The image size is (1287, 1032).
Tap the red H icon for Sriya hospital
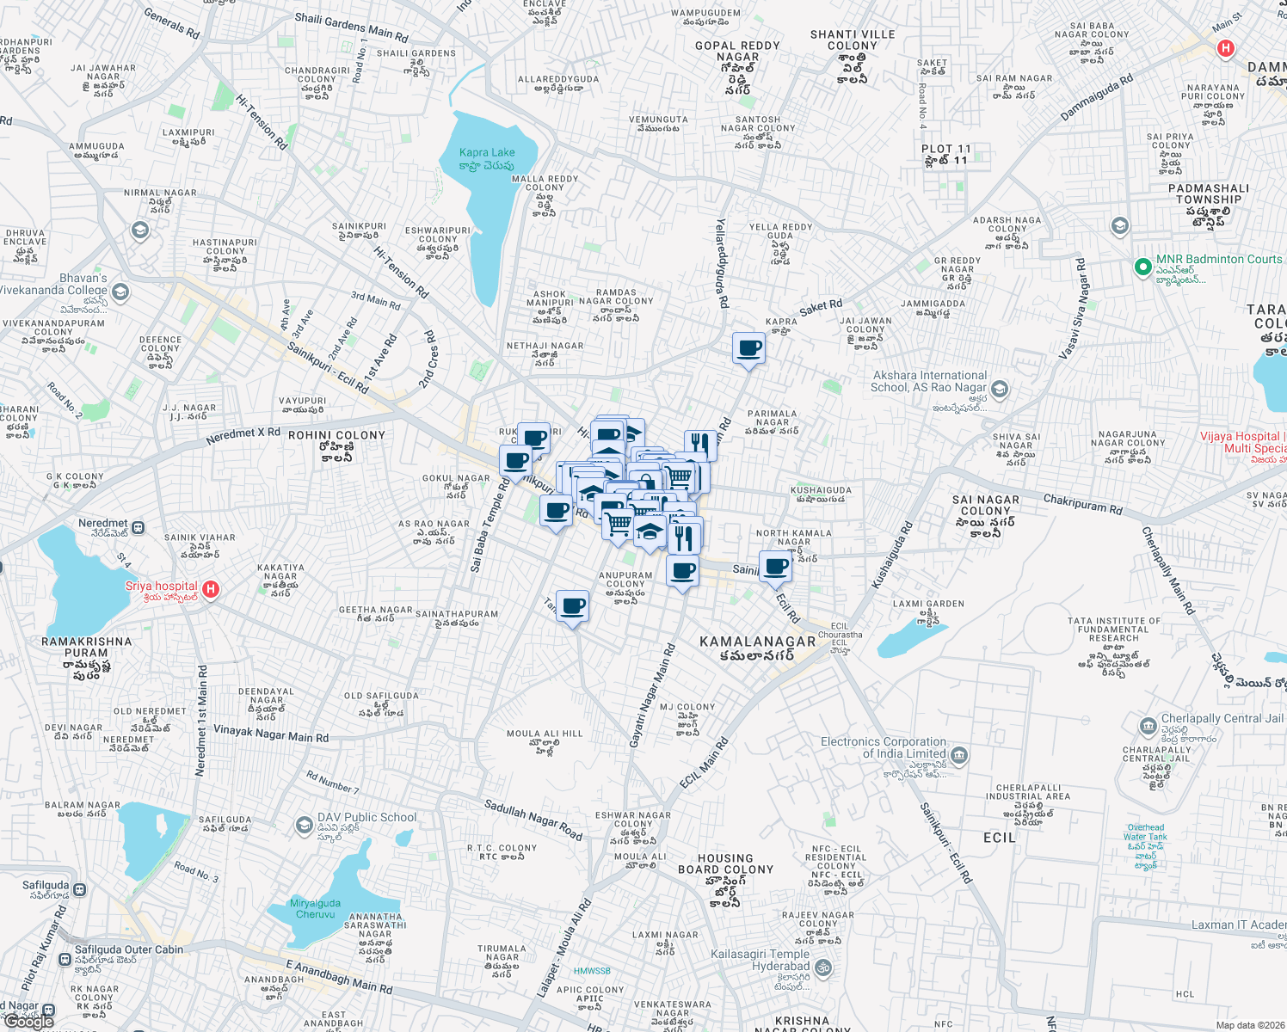click(x=211, y=590)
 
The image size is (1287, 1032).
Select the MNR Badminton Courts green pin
click(x=1142, y=267)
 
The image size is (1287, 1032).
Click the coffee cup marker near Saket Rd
click(x=748, y=348)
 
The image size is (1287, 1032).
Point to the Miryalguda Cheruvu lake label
click(x=315, y=908)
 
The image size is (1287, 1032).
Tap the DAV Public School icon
click(x=304, y=826)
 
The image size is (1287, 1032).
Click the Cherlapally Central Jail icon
click(x=1148, y=727)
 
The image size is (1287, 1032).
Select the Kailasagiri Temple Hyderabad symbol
click(x=823, y=968)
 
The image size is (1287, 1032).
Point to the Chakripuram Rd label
click(x=1082, y=503)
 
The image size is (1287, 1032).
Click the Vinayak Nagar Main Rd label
click(x=271, y=734)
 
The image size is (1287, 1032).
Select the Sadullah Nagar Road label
click(x=533, y=819)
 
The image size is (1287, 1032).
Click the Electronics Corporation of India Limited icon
click(x=960, y=756)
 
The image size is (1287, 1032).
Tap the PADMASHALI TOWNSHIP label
click(x=1209, y=193)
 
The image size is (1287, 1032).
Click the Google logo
click(x=29, y=1021)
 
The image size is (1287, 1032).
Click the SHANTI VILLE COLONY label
click(x=853, y=40)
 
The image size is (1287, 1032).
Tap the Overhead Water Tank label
click(x=1145, y=832)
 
